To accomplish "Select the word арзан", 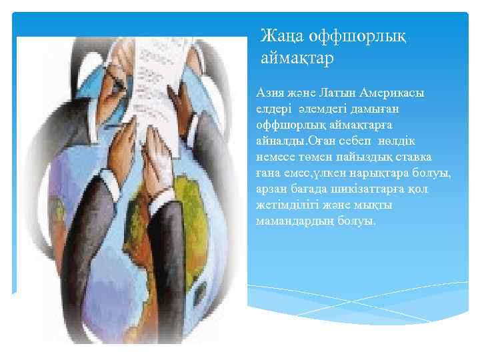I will pyautogui.click(x=271, y=189).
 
